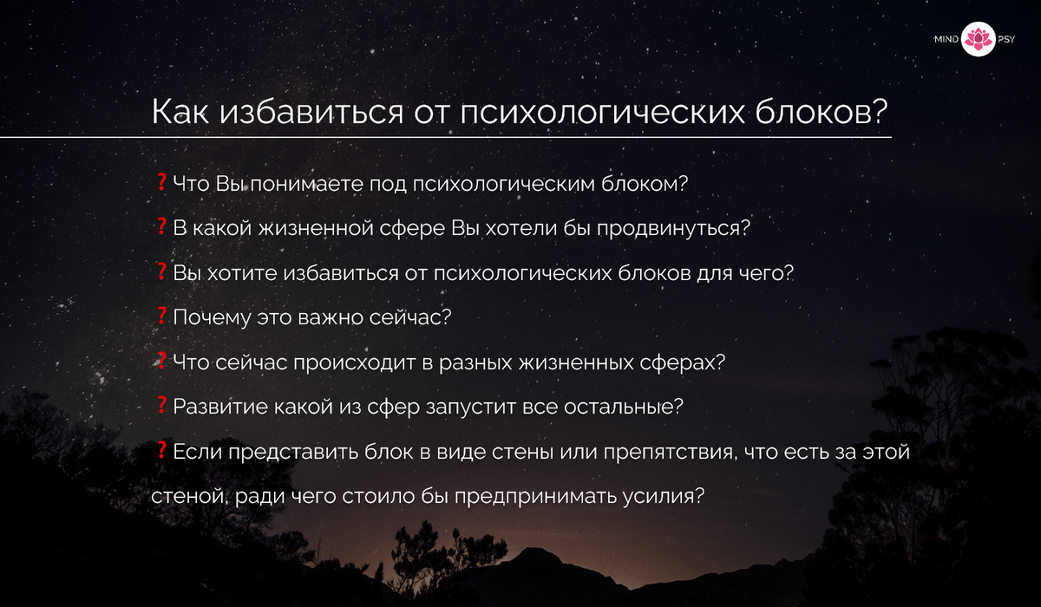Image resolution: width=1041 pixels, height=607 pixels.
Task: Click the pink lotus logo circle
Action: pos(978,40)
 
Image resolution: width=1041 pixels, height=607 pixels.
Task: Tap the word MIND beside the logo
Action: pos(946,40)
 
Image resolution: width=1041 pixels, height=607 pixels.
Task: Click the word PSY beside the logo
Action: pos(1006,40)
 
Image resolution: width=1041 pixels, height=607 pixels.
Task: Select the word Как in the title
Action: pos(180,112)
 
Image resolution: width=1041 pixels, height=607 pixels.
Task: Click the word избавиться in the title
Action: pos(311,112)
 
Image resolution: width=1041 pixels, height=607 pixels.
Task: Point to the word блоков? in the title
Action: pos(822,112)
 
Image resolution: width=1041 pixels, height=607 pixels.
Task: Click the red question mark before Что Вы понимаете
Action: pos(161,182)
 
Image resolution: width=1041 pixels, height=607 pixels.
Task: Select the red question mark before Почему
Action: pos(161,316)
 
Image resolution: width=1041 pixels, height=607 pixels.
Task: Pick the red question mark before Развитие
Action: pos(161,405)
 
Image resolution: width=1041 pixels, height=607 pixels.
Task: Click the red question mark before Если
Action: pos(161,450)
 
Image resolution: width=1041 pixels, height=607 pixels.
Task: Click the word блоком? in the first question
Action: pos(644,184)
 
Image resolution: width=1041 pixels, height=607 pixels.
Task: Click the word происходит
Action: pos(355,362)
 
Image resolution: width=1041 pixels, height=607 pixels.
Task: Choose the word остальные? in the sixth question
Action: pos(624,407)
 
